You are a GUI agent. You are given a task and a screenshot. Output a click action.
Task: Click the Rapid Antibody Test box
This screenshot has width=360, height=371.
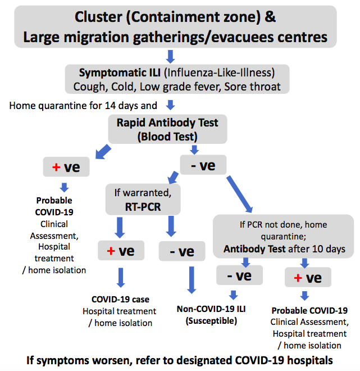click(167, 129)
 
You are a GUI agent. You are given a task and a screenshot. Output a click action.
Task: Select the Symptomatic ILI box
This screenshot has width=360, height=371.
click(177, 79)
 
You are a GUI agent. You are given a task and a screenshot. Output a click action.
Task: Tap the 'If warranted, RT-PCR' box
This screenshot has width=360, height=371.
click(143, 200)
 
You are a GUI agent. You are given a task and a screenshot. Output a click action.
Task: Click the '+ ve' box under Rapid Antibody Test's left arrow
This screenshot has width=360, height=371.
click(66, 167)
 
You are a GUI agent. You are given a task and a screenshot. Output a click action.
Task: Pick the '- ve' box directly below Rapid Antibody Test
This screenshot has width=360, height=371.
click(203, 165)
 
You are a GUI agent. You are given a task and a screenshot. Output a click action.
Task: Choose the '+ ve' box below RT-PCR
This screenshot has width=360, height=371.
click(121, 251)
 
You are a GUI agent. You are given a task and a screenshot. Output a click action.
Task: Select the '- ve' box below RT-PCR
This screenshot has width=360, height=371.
click(182, 251)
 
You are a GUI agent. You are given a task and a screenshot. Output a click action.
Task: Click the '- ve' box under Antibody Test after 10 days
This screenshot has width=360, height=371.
click(239, 275)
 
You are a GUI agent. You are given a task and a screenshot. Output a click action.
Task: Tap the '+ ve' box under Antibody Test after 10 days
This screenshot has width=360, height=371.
click(308, 277)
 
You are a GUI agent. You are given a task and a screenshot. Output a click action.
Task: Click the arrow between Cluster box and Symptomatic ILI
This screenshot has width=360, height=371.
click(170, 57)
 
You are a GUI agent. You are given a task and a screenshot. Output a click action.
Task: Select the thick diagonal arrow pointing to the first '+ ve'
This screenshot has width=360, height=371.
click(103, 152)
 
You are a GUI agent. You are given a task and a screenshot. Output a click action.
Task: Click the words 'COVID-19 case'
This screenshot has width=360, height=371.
click(120, 299)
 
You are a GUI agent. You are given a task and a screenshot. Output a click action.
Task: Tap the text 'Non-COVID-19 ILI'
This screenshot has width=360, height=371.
click(211, 309)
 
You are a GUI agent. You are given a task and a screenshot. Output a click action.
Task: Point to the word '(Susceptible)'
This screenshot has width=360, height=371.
click(211, 321)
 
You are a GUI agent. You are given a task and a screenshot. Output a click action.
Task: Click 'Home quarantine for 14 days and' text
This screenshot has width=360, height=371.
click(83, 106)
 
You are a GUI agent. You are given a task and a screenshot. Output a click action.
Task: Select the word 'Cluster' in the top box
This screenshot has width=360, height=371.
click(98, 17)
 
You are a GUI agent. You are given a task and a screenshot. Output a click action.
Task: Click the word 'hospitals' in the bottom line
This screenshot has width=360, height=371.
click(310, 360)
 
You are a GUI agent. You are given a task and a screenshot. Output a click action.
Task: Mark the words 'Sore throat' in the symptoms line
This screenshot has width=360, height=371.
click(252, 87)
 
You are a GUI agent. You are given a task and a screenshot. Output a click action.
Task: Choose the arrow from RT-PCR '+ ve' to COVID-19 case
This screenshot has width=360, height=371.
click(121, 278)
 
